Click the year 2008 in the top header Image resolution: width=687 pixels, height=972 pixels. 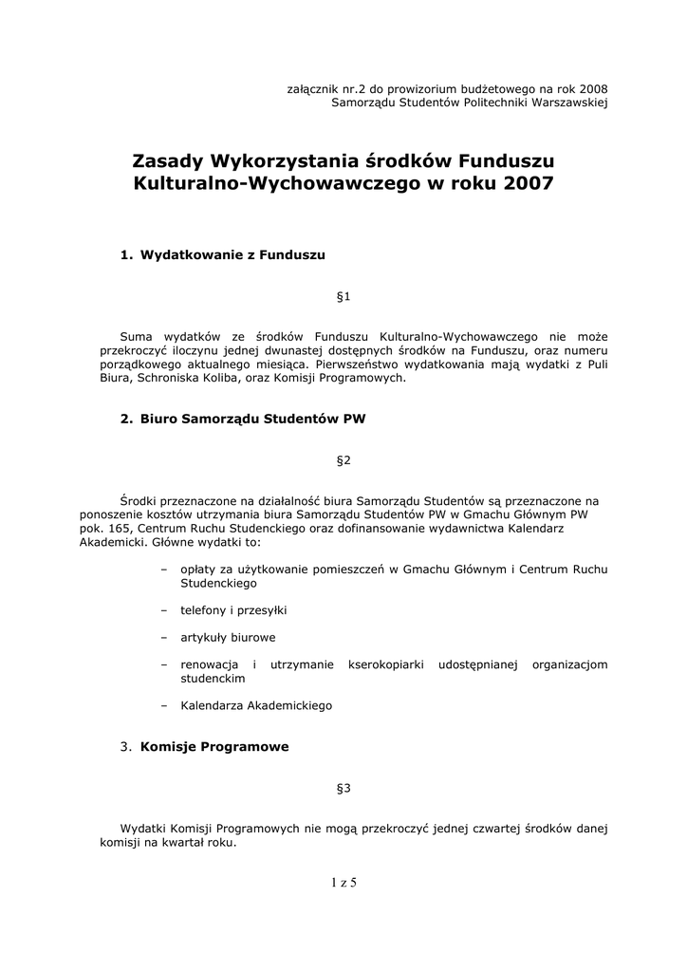pyautogui.click(x=592, y=87)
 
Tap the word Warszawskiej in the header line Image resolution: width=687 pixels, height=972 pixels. pyautogui.click(x=566, y=102)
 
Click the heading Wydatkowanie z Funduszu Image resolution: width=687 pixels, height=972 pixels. pyautogui.click(x=232, y=254)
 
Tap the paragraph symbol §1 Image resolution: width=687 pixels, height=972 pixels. pyautogui.click(x=343, y=297)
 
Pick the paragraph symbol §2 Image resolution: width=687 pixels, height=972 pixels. pyautogui.click(x=343, y=460)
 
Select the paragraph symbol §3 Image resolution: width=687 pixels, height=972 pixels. pyautogui.click(x=343, y=788)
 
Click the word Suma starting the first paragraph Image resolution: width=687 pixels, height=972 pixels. pyautogui.click(x=137, y=336)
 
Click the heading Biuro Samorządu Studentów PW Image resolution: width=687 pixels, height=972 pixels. pyautogui.click(x=252, y=418)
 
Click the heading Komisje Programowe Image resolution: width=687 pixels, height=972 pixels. pyautogui.click(x=214, y=747)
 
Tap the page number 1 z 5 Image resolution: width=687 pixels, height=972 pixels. pyautogui.click(x=343, y=883)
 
